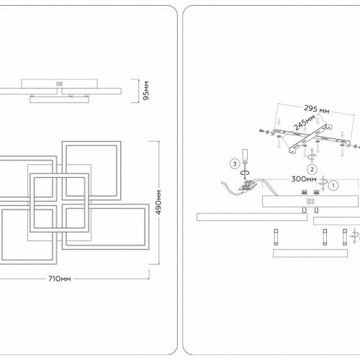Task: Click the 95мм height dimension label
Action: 145,91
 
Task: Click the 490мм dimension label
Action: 158,202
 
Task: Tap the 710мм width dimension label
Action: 60,279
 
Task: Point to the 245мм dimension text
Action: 305,122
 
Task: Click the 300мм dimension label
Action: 304,179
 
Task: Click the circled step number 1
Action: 333,185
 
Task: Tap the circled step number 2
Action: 312,169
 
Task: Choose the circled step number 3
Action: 235,164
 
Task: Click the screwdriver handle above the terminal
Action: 245,155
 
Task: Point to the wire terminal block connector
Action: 248,186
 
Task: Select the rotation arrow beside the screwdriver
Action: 246,172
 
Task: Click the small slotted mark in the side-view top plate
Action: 59,84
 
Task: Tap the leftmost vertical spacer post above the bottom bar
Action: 276,237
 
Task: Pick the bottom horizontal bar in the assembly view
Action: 310,253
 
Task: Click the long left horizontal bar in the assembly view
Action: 252,217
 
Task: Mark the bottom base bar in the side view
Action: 59,99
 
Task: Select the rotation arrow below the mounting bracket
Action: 312,156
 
